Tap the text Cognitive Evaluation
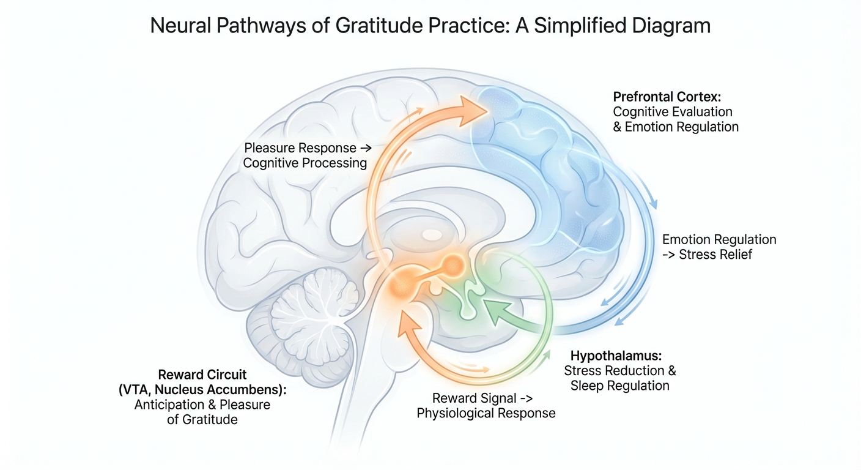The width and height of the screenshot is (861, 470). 673,112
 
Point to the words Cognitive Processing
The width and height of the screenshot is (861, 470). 305,163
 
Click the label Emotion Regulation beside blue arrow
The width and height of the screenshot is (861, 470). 720,239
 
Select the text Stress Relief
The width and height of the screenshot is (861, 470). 716,254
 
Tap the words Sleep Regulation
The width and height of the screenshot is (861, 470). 619,386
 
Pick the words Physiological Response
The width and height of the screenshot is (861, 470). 486,413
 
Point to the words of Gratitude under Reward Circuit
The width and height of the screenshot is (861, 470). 202,420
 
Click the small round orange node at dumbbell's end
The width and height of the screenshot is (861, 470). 453,265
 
